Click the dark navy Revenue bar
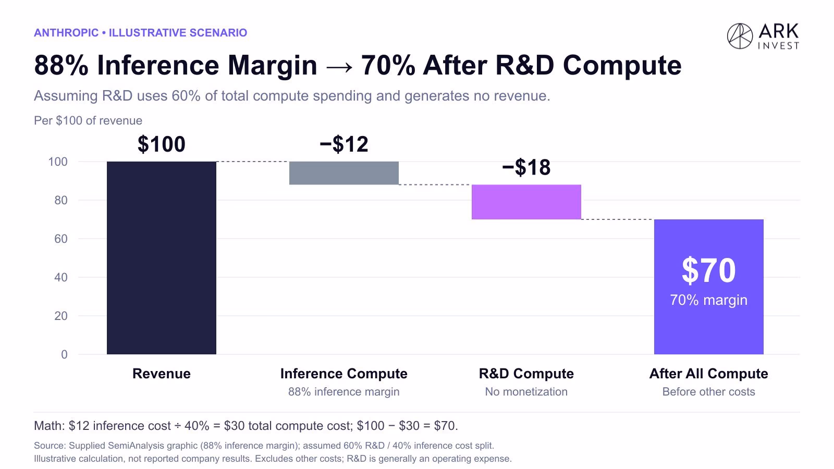tap(161, 257)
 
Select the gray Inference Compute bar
tap(344, 173)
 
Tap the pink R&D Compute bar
tap(526, 202)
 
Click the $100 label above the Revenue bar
tap(161, 144)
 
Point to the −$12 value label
tap(344, 144)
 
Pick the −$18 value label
tap(526, 167)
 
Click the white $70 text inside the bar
tap(708, 270)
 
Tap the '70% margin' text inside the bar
tap(708, 300)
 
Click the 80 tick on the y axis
tap(60, 200)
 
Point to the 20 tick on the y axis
tap(60, 316)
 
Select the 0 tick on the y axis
tap(64, 354)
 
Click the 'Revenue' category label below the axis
tap(161, 373)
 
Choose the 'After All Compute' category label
tap(708, 374)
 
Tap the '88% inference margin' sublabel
tap(344, 391)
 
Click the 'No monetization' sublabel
tap(526, 391)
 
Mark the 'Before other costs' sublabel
tap(708, 391)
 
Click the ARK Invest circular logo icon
tap(740, 36)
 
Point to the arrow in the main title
tap(339, 67)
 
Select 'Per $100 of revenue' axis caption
tap(88, 120)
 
